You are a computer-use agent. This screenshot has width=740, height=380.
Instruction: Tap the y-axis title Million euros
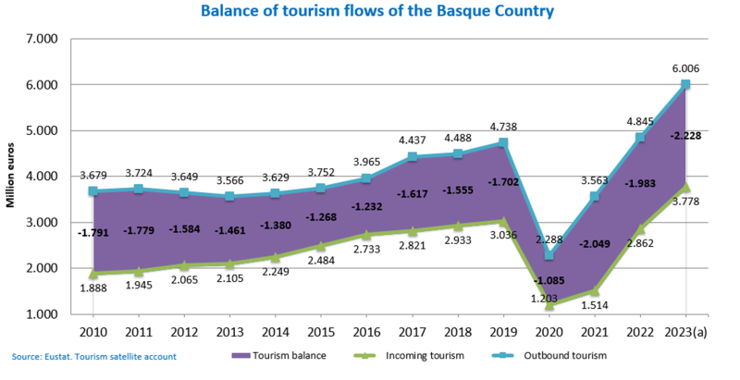12,174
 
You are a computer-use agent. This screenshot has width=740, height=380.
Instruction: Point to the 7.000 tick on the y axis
42,39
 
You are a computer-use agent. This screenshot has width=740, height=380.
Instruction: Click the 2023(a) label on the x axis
686,330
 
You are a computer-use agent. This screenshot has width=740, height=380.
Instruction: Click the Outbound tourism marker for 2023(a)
686,84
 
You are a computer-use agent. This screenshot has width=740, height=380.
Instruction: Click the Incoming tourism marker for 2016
367,235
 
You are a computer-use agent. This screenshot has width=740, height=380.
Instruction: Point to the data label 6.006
686,67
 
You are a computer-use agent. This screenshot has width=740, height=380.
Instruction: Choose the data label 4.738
502,127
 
